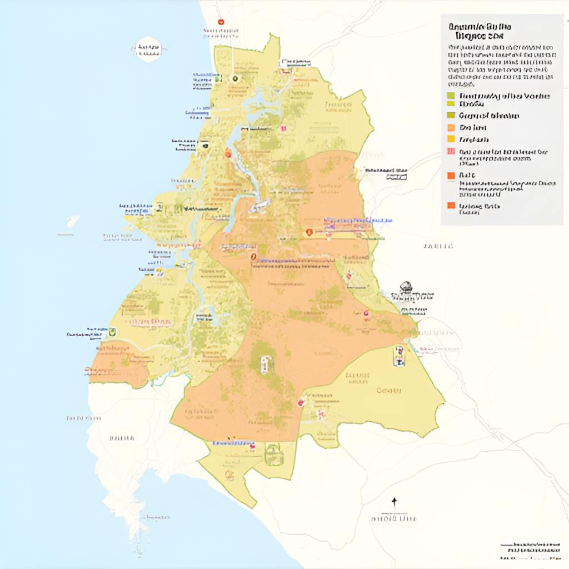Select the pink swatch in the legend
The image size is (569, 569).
[x=451, y=152]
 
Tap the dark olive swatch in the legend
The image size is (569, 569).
[x=451, y=116]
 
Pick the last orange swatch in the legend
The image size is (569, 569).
[x=451, y=206]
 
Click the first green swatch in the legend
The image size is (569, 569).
[x=451, y=96]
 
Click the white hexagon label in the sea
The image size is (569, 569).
[x=148, y=49]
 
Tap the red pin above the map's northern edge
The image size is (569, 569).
[x=221, y=22]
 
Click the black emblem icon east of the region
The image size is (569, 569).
[x=406, y=287]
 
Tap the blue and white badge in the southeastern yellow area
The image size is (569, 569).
[x=398, y=356]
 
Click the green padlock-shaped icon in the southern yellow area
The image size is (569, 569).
[x=273, y=455]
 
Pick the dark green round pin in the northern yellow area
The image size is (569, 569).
[x=234, y=78]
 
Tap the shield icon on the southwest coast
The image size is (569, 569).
[x=113, y=332]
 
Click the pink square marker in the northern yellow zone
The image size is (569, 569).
[x=283, y=128]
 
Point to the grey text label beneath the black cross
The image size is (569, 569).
[x=394, y=518]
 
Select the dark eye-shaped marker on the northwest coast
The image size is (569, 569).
[x=205, y=146]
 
